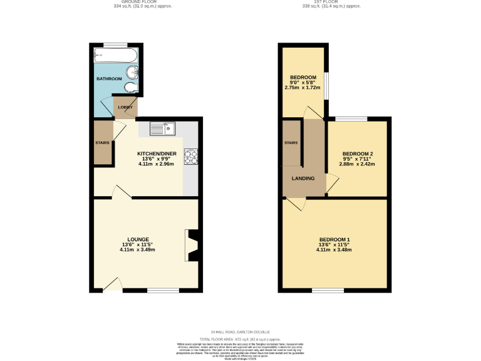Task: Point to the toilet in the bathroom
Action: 129,86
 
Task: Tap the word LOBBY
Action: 125,107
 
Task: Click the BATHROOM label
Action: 108,79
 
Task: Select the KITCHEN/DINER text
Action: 157,154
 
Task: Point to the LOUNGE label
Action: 138,239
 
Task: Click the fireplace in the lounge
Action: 192,245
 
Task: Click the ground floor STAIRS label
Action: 102,143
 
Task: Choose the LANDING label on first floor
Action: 303,178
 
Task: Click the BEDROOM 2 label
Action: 358,154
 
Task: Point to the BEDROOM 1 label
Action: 334,239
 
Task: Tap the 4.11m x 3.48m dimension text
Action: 334,249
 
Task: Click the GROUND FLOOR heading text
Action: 138,3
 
